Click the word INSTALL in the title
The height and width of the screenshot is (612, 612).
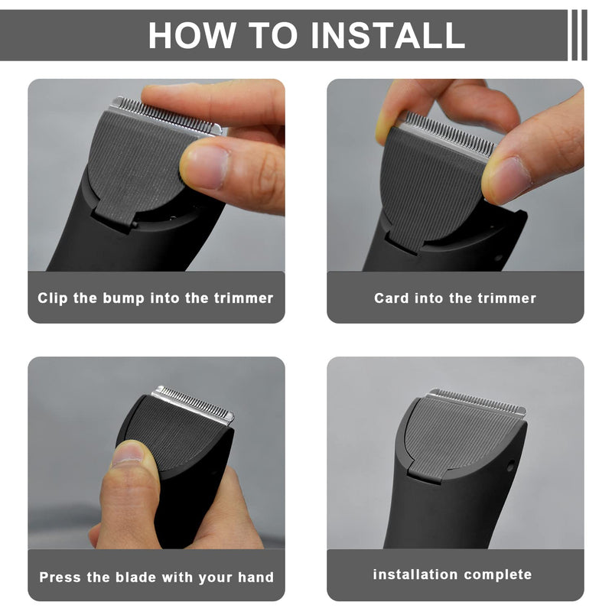(x=388, y=35)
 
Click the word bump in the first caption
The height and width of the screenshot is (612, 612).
(x=123, y=298)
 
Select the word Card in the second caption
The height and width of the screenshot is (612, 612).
(x=392, y=298)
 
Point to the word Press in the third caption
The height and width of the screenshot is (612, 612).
(x=60, y=577)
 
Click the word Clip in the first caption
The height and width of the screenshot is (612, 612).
(x=52, y=298)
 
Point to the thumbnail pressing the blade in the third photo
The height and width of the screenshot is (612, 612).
(x=129, y=454)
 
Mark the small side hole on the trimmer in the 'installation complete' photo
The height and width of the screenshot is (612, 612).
(x=510, y=465)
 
